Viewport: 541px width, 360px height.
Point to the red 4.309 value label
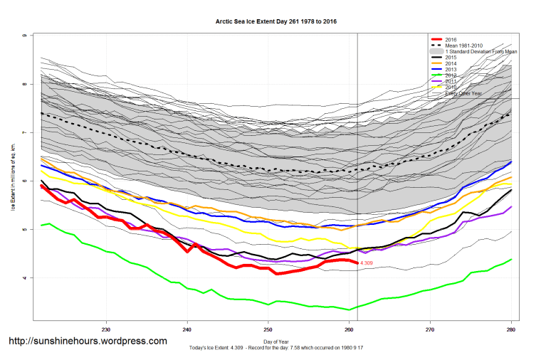point(367,263)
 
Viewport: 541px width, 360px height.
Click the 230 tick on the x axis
point(106,329)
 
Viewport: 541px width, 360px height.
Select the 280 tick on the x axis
point(510,329)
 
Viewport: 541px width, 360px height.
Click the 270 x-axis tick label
point(429,329)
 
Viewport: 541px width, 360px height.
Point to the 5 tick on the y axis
point(25,230)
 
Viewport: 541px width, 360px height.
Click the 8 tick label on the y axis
point(25,84)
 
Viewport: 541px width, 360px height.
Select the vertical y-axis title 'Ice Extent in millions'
point(13,178)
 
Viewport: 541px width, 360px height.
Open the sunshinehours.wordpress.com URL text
point(88,342)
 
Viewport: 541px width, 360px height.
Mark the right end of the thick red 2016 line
point(357,263)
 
